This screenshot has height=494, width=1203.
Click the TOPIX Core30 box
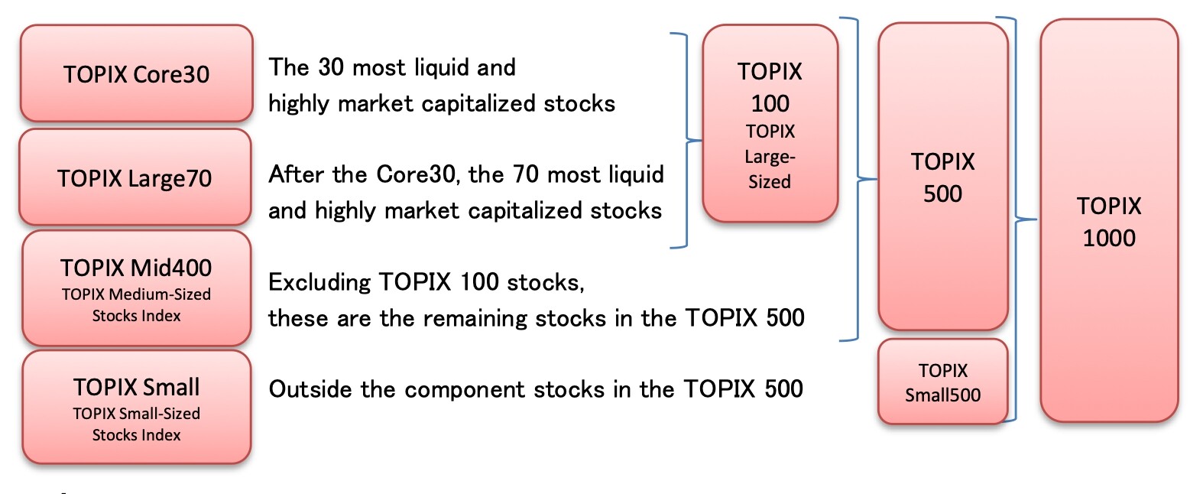click(x=136, y=73)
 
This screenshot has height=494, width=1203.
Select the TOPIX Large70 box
click(x=135, y=177)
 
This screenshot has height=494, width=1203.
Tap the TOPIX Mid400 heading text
click(x=136, y=268)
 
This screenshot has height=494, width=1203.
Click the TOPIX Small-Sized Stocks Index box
click(x=136, y=407)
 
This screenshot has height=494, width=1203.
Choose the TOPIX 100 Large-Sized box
click(x=770, y=123)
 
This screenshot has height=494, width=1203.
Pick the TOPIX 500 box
click(x=943, y=177)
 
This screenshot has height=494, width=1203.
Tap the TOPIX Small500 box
click(x=943, y=381)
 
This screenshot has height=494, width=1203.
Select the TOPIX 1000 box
click(x=1109, y=220)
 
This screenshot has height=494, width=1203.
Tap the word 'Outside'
click(x=310, y=389)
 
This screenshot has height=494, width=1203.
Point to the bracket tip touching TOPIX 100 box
click(x=701, y=141)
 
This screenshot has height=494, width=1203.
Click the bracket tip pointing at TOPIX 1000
click(x=1036, y=219)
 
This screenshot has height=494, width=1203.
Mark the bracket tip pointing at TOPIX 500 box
click(x=876, y=179)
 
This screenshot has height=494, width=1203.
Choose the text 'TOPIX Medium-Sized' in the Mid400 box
click(x=136, y=294)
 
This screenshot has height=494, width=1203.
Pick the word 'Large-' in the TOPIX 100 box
click(x=770, y=157)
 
